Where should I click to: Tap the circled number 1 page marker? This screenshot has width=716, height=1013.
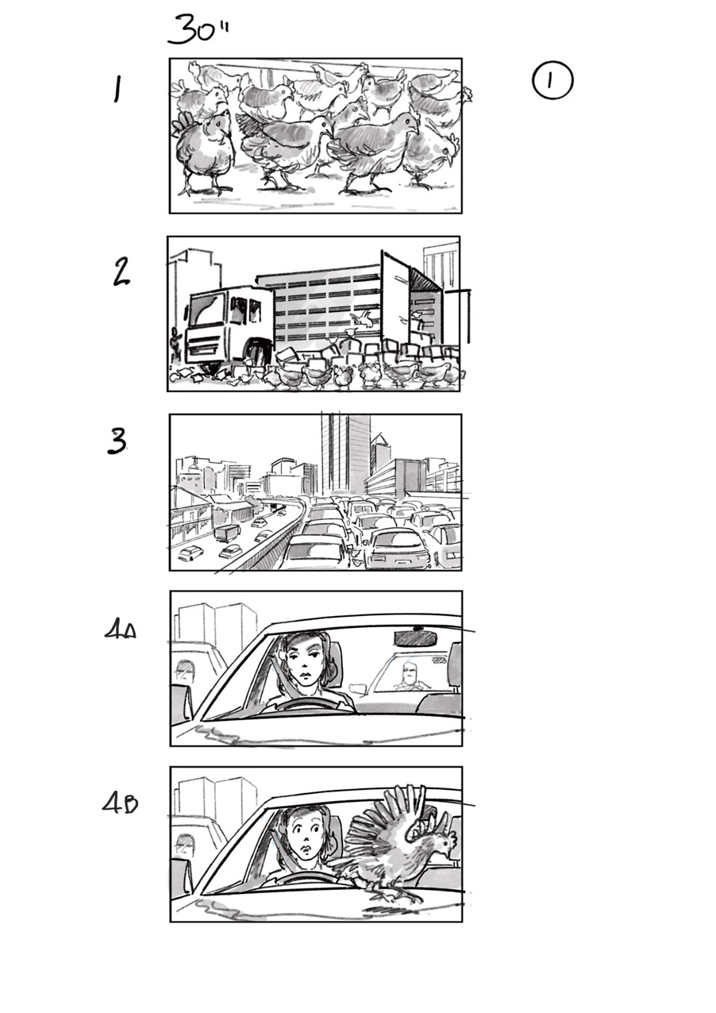coord(552,82)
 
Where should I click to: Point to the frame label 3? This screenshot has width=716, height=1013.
coord(117,441)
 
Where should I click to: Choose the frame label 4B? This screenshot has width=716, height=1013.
coord(120,803)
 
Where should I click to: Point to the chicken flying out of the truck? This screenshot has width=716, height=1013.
coord(362,320)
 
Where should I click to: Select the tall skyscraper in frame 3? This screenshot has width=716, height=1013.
coord(345,453)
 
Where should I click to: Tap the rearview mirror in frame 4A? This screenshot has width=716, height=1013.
coord(415,637)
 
